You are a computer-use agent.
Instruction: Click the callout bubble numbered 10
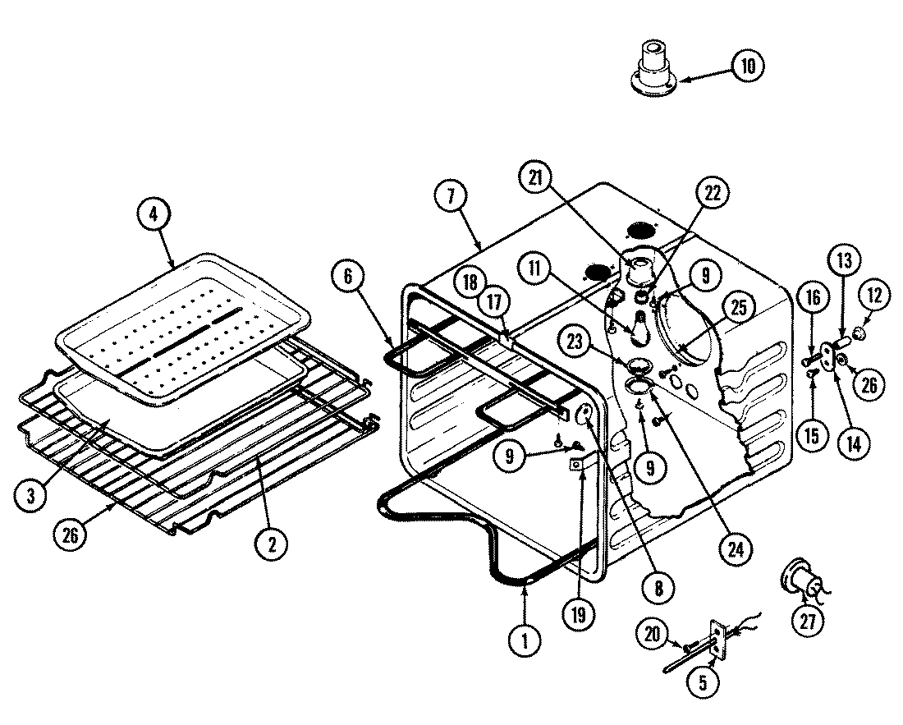click(746, 65)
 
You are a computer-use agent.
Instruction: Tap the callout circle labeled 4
click(154, 215)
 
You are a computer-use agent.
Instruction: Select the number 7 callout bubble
click(452, 197)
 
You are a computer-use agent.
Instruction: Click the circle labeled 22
click(712, 193)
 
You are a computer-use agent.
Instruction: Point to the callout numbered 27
click(809, 622)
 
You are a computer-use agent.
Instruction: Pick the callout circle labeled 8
click(660, 587)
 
